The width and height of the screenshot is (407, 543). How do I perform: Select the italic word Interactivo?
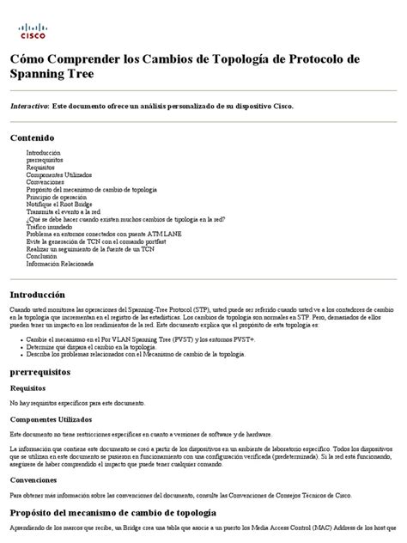click(x=29, y=106)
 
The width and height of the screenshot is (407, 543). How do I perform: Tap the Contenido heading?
click(x=32, y=137)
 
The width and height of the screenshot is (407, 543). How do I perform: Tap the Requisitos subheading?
click(x=28, y=387)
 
